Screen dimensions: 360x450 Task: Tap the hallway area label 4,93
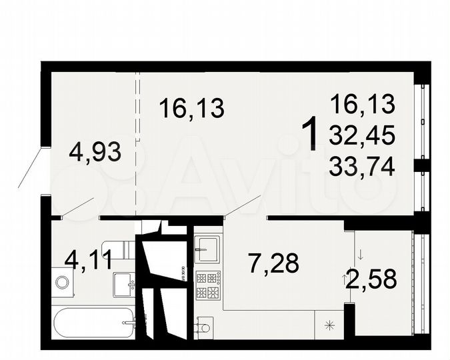[x=95, y=153]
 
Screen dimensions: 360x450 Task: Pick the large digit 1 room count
[x=309, y=134]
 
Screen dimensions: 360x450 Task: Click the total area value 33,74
[x=363, y=165]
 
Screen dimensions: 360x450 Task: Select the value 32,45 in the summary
[x=363, y=135]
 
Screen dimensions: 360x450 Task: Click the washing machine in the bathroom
[x=61, y=281]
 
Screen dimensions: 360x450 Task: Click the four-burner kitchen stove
[x=206, y=285]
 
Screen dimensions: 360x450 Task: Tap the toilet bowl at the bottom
[x=203, y=327]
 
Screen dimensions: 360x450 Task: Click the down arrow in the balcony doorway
[x=359, y=254]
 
